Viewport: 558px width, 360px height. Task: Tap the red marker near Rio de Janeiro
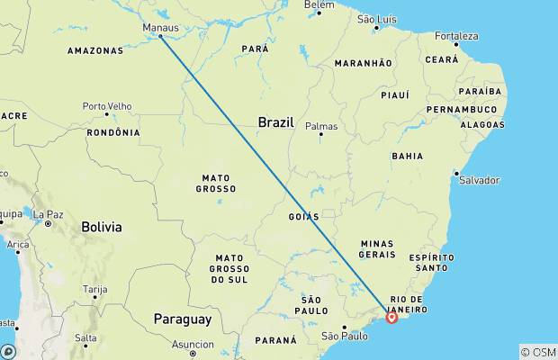pos(391,317)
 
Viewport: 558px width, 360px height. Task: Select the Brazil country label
pos(275,122)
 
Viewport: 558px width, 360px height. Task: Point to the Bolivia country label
pos(101,227)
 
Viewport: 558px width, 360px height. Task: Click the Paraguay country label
pos(182,319)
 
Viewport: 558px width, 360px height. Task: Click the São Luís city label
pos(377,19)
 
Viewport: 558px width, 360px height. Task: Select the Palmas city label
pos(321,126)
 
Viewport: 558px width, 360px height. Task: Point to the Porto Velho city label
pos(107,105)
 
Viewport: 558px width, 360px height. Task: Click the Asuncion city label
pos(193,344)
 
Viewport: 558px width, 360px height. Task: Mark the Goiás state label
pos(303,217)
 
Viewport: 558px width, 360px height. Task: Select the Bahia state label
pos(408,156)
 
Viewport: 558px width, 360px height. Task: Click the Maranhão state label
pos(363,63)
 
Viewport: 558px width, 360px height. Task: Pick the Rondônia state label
pos(113,132)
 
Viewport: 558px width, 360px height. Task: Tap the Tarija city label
pos(94,289)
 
